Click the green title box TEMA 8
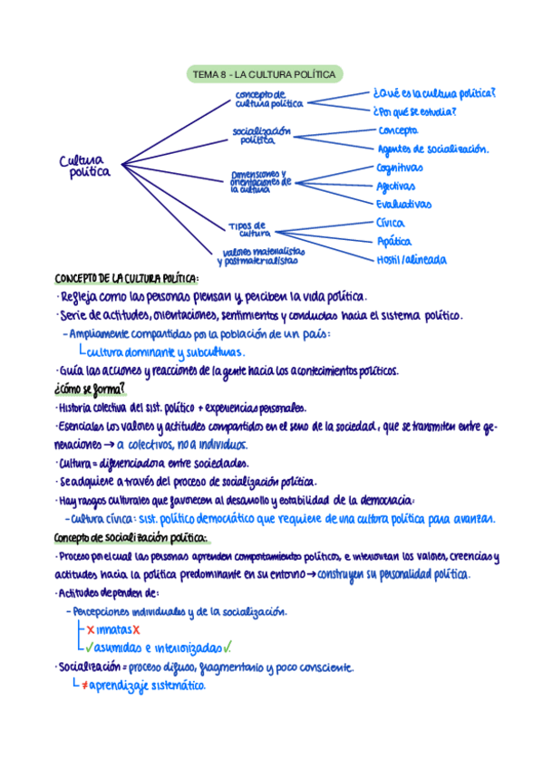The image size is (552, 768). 264,74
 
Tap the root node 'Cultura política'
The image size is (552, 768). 84,166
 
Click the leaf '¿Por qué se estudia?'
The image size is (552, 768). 413,112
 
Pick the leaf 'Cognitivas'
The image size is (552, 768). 399,168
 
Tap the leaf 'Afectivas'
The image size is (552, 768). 396,186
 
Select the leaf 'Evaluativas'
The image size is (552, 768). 403,205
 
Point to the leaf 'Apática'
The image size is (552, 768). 393,242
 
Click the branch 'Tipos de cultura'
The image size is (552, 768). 247,228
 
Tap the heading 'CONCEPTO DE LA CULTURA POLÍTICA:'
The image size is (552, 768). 126,279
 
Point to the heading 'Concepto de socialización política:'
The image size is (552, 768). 131,538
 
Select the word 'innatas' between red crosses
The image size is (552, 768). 113,629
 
